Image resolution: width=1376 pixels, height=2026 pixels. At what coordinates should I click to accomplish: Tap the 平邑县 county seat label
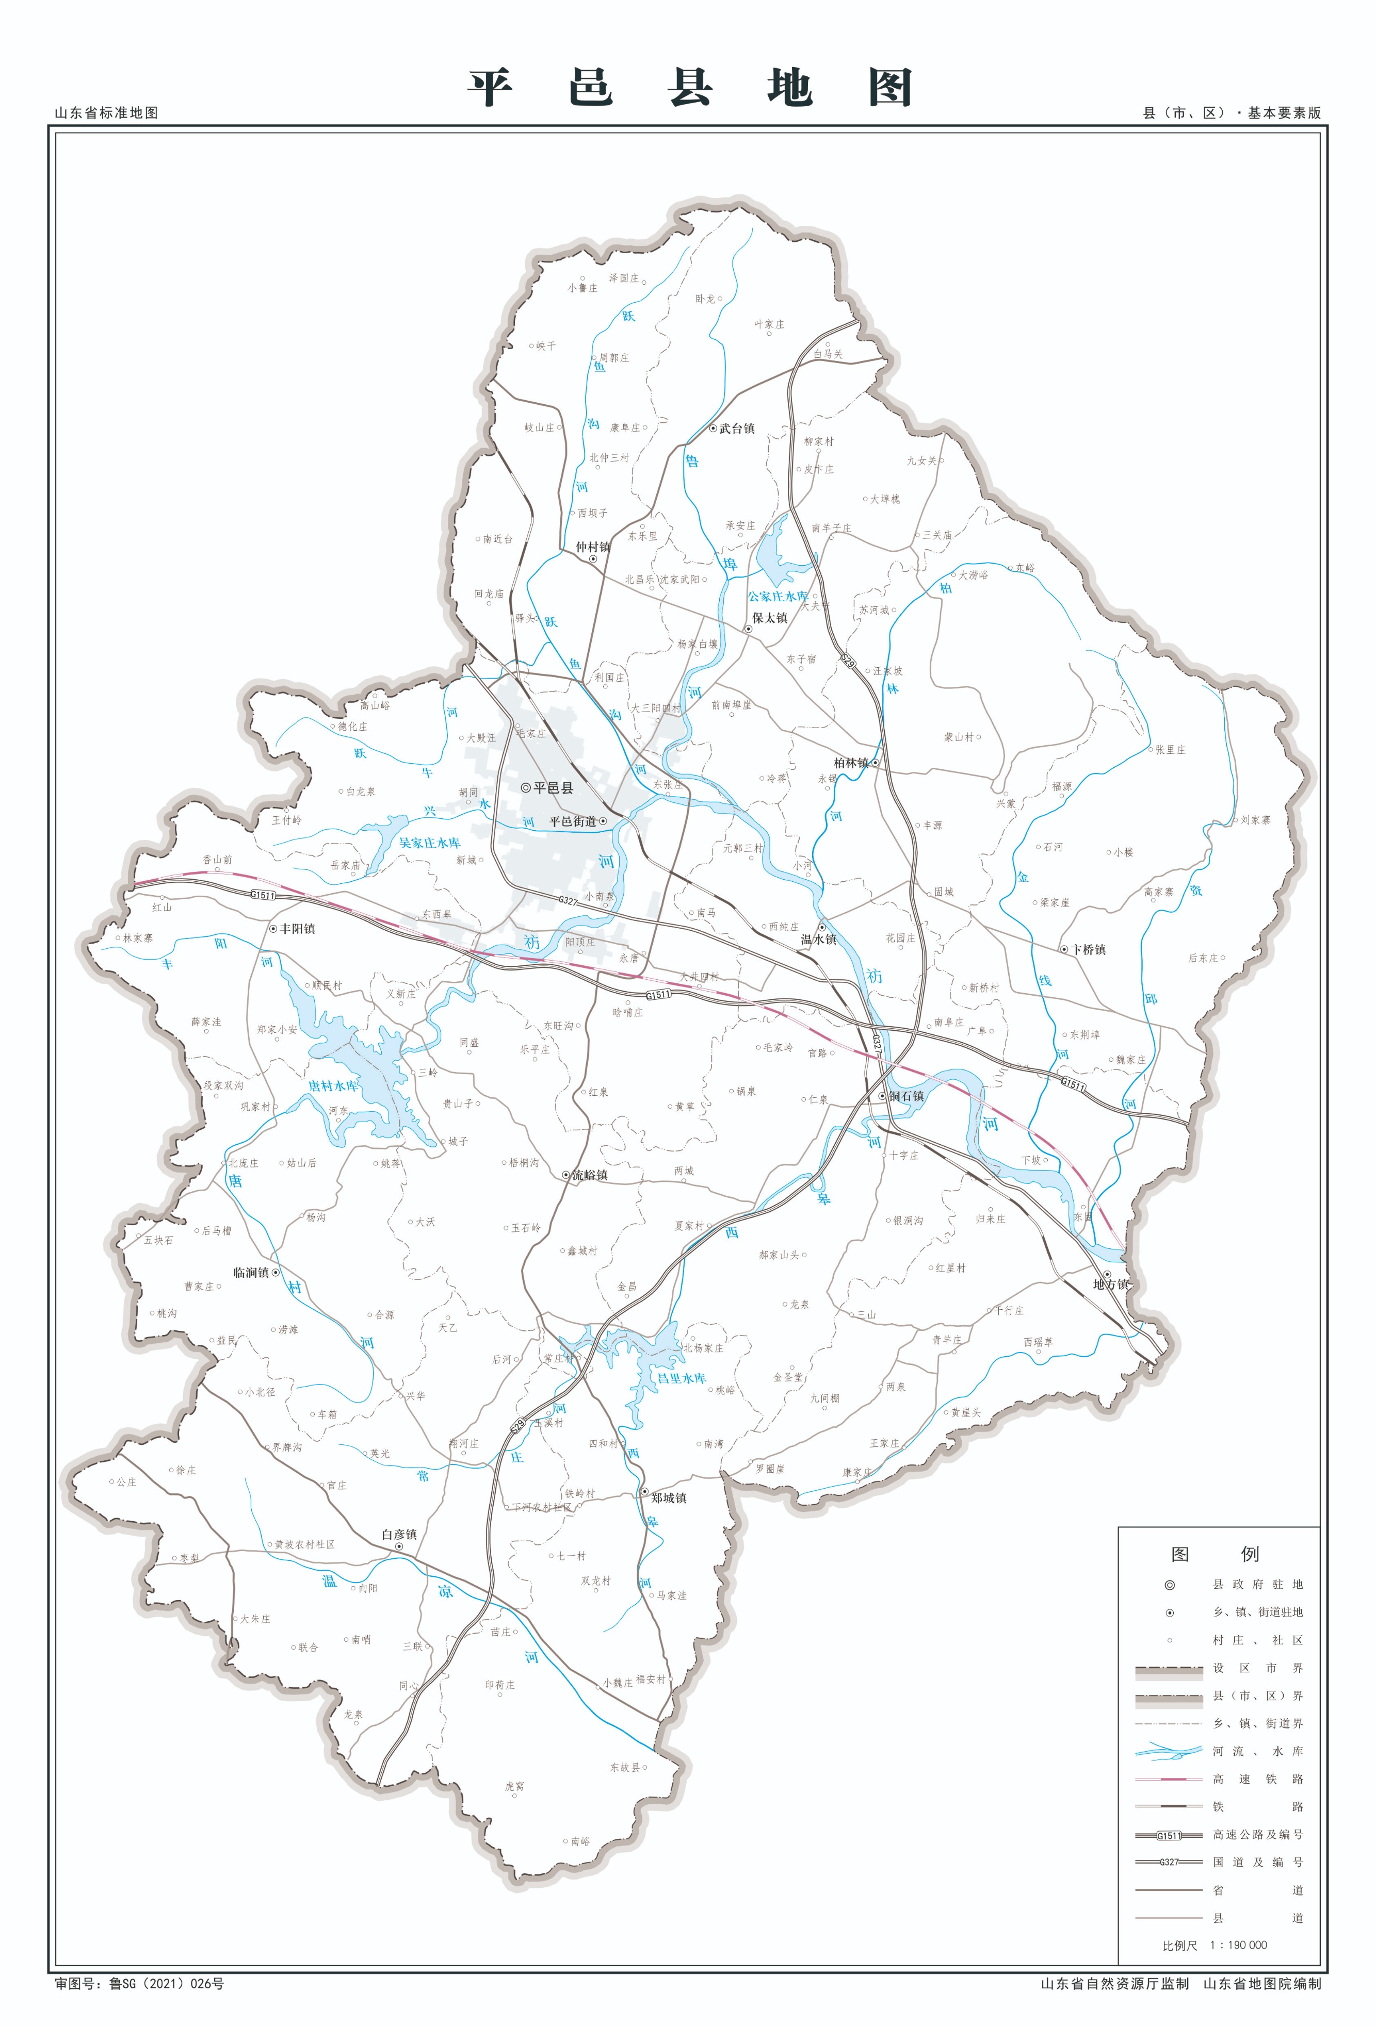(553, 787)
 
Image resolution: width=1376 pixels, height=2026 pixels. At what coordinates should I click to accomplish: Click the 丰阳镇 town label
(297, 929)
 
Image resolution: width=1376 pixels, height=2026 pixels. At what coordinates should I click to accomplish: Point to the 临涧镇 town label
(251, 1272)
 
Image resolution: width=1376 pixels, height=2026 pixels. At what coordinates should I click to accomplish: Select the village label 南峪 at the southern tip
(580, 1841)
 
